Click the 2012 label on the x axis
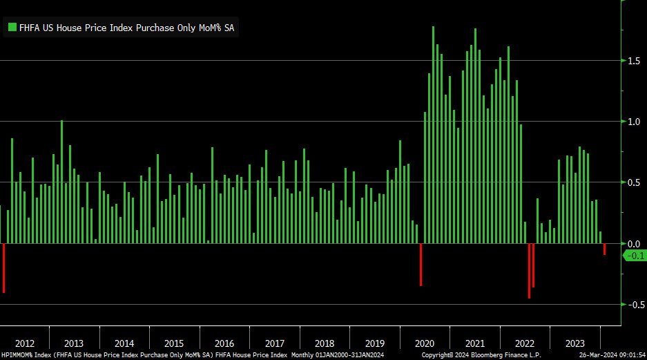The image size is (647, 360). pyautogui.click(x=24, y=343)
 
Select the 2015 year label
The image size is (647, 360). pyautogui.click(x=174, y=343)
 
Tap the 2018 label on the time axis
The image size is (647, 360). pyautogui.click(x=325, y=343)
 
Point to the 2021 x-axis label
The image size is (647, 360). pyautogui.click(x=474, y=343)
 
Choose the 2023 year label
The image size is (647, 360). pyautogui.click(x=574, y=343)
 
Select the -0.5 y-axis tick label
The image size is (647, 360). pyautogui.click(x=633, y=305)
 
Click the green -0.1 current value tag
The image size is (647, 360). pyautogui.click(x=635, y=256)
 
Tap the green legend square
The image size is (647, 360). pyautogui.click(x=12, y=28)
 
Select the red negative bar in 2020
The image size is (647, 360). pyautogui.click(x=421, y=264)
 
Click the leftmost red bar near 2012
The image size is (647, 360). pyautogui.click(x=3, y=267)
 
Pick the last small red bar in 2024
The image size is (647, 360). pyautogui.click(x=604, y=249)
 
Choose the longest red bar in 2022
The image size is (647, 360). pyautogui.click(x=529, y=270)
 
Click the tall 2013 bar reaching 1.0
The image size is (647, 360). pyautogui.click(x=61, y=182)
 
